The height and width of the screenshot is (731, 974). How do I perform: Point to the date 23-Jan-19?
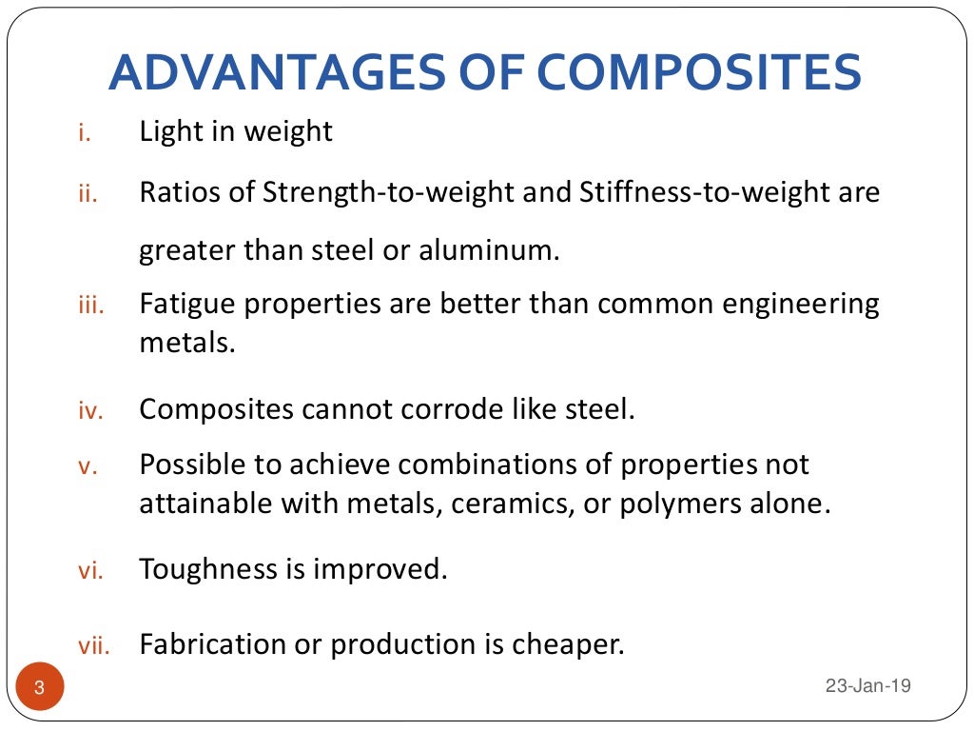868,685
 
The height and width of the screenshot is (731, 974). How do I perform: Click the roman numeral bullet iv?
88,412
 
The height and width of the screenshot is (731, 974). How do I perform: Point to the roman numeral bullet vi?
88,572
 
